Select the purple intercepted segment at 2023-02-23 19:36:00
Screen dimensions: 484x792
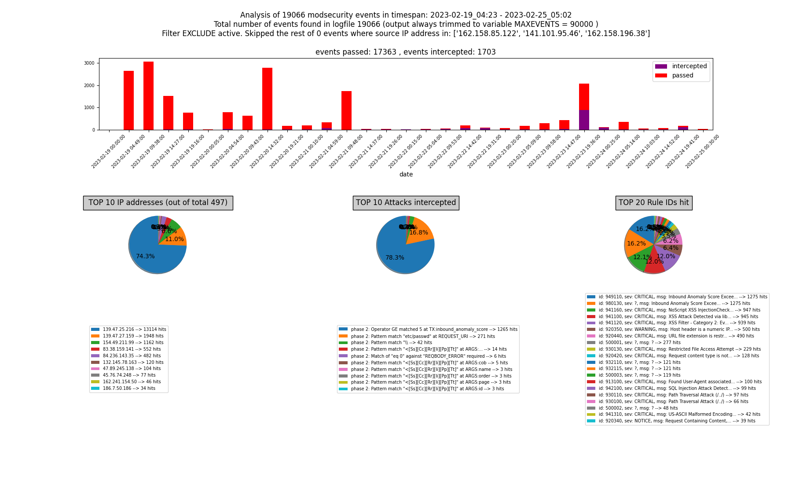[x=584, y=120]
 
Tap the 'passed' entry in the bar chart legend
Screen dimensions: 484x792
[x=682, y=76]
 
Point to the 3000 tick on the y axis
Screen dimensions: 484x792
[x=89, y=63]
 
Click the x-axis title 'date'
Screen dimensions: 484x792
[x=406, y=175]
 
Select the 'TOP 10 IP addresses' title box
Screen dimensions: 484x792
[x=158, y=203]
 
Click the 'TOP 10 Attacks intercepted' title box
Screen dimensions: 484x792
[x=406, y=203]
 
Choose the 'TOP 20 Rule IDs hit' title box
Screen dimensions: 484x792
[x=653, y=203]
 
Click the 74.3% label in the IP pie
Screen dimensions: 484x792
[x=145, y=257]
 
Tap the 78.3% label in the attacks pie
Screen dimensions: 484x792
[x=395, y=258]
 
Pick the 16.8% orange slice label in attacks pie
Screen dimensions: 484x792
[x=418, y=233]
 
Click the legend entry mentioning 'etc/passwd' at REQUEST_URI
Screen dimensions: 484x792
[x=422, y=336]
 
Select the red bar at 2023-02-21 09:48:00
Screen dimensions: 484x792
[x=346, y=110]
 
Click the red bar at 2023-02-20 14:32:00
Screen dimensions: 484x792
[x=267, y=99]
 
